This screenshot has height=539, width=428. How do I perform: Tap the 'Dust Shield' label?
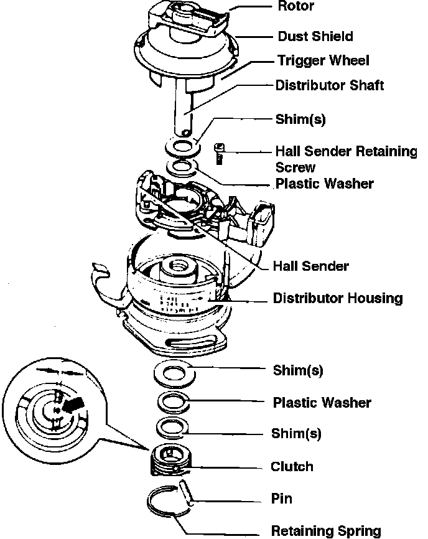314,36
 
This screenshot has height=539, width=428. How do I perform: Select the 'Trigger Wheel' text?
322,60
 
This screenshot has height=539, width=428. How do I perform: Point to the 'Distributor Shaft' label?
329,85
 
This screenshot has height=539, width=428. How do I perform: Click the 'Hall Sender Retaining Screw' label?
345,159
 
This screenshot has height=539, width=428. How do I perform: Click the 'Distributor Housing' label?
338,298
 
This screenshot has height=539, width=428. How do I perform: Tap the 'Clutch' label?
292,467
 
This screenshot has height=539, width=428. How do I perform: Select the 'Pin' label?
281,499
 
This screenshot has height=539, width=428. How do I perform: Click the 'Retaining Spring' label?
325,531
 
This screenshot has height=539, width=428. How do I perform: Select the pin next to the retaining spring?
187,491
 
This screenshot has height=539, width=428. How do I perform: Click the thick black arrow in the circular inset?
73,404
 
